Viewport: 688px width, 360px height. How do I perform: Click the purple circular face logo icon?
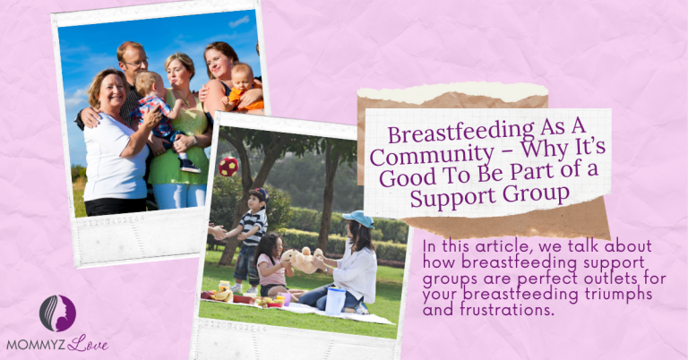[57, 313]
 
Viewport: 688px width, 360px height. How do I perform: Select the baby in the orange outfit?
[241, 85]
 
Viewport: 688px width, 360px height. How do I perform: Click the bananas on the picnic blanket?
[221, 295]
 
